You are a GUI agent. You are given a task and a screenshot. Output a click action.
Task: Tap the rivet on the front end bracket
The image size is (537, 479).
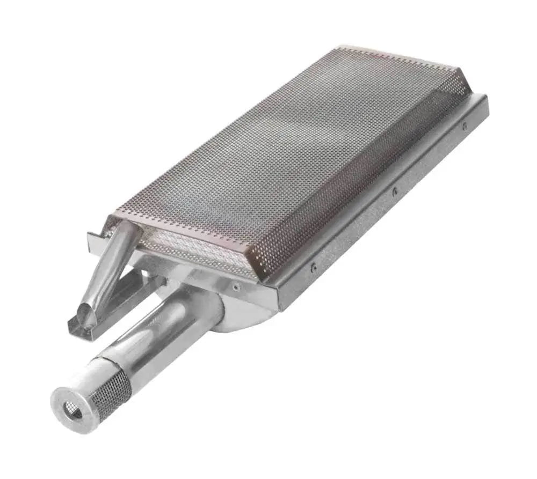click(x=236, y=287)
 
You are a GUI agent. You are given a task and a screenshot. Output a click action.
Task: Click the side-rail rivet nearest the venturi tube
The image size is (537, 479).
click(x=314, y=265)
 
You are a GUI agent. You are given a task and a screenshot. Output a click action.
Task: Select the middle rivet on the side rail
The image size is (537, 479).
click(x=395, y=190)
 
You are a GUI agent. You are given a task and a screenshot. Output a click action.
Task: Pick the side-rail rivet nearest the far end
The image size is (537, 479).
click(x=465, y=126)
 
